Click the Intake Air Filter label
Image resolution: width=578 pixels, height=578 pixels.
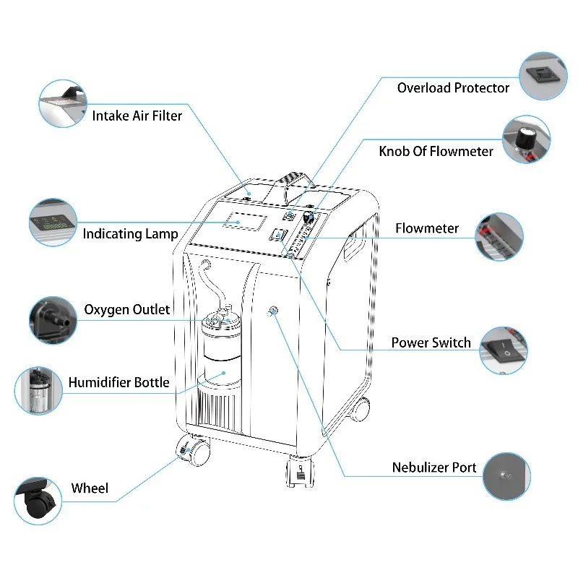pyautogui.click(x=137, y=116)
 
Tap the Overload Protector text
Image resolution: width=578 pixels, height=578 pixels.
pyautogui.click(x=453, y=88)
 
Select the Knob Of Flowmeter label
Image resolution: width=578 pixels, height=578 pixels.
pyautogui.click(x=436, y=151)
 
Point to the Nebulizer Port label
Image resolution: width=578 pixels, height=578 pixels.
pyautogui.click(x=433, y=467)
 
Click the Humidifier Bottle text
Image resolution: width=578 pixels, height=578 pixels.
pyautogui.click(x=118, y=382)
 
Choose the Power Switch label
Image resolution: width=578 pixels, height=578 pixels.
pyautogui.click(x=431, y=342)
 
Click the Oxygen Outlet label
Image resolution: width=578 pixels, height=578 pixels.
pyautogui.click(x=127, y=310)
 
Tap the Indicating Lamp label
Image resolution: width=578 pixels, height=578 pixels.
pyautogui.click(x=130, y=233)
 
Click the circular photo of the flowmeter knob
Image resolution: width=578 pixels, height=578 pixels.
pyautogui.click(x=527, y=139)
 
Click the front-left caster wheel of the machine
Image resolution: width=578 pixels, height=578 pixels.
pyautogui.click(x=194, y=452)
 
